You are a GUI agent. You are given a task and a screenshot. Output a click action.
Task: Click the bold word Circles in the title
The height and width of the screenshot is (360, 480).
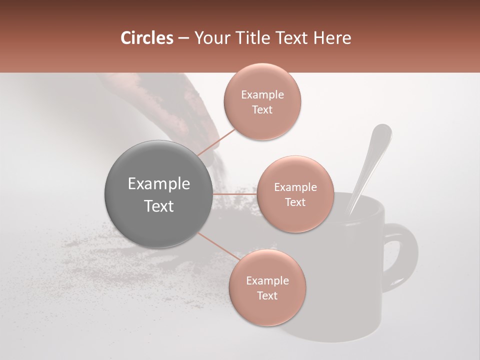click(x=147, y=38)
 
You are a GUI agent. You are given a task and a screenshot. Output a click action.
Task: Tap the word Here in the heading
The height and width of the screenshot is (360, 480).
click(x=331, y=38)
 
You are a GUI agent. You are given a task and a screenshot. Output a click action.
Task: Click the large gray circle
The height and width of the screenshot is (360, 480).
click(x=159, y=194)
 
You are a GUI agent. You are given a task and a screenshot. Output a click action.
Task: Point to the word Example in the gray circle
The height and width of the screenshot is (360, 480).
click(x=159, y=184)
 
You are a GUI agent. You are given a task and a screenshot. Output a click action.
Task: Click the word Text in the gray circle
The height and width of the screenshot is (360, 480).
click(x=159, y=206)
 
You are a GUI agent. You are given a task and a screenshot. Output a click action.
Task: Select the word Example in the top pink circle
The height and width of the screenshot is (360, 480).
click(x=262, y=95)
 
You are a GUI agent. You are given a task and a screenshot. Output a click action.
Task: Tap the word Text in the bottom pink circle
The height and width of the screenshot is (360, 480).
click(x=267, y=295)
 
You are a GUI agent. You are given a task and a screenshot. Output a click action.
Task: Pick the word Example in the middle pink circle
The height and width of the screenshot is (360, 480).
click(x=295, y=187)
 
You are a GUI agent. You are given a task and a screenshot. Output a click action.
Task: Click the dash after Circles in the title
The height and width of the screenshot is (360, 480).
click(x=183, y=38)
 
